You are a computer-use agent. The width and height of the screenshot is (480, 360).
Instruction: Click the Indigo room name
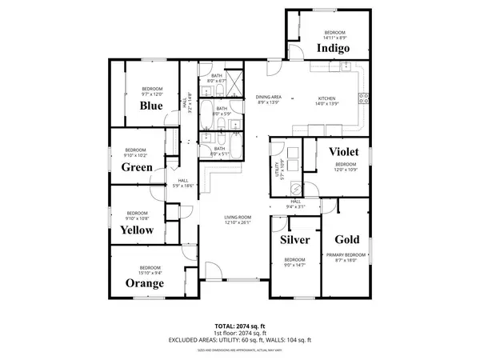(333, 48)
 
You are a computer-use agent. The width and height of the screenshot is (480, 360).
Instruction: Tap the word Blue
(151, 105)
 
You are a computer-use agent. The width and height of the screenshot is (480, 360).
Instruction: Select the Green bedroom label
(137, 167)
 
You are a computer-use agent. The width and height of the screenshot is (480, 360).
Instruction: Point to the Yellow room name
(137, 230)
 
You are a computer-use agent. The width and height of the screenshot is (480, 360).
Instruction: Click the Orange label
(145, 283)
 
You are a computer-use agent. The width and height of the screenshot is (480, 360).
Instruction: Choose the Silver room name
(294, 239)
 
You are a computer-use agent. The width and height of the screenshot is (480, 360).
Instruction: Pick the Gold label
(346, 239)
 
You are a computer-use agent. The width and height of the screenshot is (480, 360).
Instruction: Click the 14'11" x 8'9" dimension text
(334, 38)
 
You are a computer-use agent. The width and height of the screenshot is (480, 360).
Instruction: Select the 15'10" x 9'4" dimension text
(150, 272)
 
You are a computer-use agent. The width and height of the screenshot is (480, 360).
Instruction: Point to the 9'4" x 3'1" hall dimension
(295, 206)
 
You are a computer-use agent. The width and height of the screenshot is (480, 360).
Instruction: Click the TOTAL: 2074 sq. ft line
(239, 326)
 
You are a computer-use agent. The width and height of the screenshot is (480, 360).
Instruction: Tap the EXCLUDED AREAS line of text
(239, 340)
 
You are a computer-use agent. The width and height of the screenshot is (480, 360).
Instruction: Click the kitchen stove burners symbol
(365, 98)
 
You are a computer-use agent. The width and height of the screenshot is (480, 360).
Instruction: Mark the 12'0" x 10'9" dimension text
(346, 169)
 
